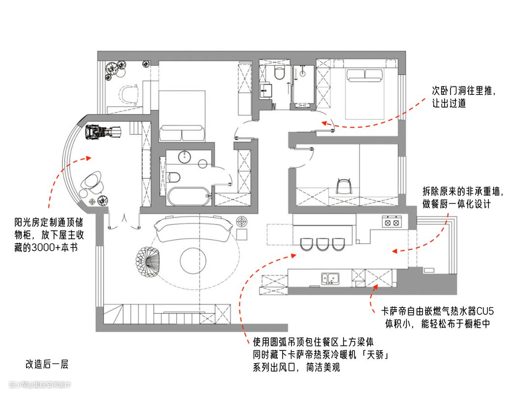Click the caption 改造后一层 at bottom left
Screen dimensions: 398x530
coord(47,364)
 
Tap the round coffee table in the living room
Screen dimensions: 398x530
coord(194,259)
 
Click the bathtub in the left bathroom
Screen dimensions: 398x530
coord(188,197)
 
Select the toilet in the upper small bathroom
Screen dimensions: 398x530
coord(280,73)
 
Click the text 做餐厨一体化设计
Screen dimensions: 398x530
coord(456,204)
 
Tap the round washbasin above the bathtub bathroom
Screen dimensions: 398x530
coord(185,156)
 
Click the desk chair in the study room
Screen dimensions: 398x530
coord(345,185)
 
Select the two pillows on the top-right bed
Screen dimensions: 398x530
coord(365,75)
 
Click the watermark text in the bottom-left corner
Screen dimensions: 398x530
coord(40,384)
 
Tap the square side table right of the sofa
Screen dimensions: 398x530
coord(242,222)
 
